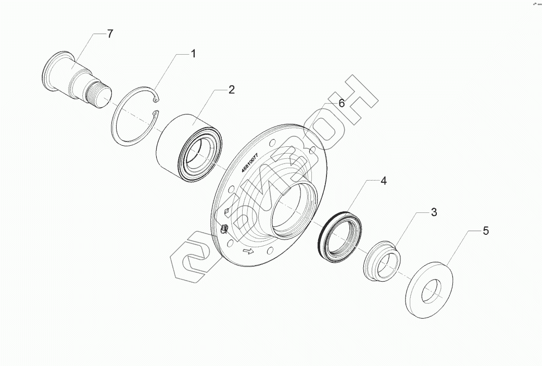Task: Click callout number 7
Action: coord(109,35)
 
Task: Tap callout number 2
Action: coord(231,90)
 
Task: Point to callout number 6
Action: coord(342,103)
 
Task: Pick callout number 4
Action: coord(383,181)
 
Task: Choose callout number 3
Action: coord(433,212)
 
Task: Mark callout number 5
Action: coord(486,231)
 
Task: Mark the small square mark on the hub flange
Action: coord(227,211)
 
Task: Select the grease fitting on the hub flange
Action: coord(224,228)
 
